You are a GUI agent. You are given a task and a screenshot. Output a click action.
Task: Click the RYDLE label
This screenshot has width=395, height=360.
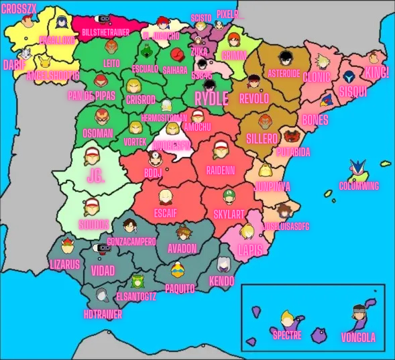tap(211, 99)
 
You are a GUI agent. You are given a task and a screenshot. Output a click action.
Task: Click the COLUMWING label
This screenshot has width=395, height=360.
tap(359, 186)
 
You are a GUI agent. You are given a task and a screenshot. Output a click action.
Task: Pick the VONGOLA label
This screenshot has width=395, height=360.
tap(358, 337)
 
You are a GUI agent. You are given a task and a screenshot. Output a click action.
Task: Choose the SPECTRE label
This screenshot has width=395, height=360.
tap(287, 335)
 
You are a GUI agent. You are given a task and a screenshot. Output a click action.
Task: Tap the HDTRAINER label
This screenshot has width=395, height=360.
tap(102, 312)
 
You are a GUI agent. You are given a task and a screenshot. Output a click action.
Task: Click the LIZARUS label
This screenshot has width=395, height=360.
tap(65, 264)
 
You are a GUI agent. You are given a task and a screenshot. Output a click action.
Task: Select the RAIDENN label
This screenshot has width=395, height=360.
tap(221, 170)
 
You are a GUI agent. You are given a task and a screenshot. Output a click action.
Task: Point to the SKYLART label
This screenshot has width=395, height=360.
tap(229, 213)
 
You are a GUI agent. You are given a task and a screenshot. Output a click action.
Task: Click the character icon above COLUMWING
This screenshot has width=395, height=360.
tap(357, 170)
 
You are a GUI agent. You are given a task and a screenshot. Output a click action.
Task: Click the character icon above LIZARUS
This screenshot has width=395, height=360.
tap(66, 245)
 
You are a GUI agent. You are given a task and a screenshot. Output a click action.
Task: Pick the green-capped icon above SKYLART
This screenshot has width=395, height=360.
tap(229, 196)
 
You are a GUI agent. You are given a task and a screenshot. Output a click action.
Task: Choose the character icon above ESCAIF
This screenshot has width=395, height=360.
tap(165, 197)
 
